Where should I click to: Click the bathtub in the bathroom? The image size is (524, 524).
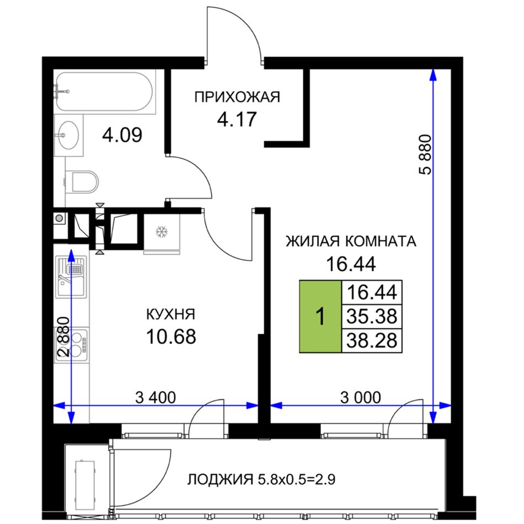pyautogui.click(x=105, y=92)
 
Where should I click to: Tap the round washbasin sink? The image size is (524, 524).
pyautogui.click(x=68, y=135)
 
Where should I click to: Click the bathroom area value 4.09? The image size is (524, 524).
pyautogui.click(x=122, y=135)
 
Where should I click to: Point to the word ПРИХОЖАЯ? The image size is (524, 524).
pyautogui.click(x=237, y=97)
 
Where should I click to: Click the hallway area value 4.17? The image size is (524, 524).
pyautogui.click(x=237, y=119)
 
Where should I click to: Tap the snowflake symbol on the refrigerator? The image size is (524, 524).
pyautogui.click(x=162, y=232)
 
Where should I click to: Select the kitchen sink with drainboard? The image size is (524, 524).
pyautogui.click(x=71, y=277)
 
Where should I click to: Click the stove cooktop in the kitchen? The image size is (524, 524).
pyautogui.click(x=71, y=345)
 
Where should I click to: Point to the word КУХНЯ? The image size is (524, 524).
pyautogui.click(x=171, y=314)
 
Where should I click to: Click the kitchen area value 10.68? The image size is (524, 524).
pyautogui.click(x=171, y=336)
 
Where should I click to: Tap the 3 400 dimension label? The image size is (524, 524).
pyautogui.click(x=156, y=398)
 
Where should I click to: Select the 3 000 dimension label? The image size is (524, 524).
pyautogui.click(x=361, y=398)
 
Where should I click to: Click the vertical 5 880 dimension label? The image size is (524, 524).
pyautogui.click(x=425, y=155)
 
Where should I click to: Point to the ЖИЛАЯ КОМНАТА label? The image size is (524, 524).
pyautogui.click(x=351, y=241)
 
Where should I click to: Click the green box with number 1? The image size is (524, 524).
pyautogui.click(x=320, y=316)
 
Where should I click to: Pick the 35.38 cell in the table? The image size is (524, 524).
pyautogui.click(x=372, y=316)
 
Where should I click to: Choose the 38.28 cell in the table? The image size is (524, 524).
pyautogui.click(x=372, y=340)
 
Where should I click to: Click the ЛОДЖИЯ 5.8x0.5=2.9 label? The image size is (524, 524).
pyautogui.click(x=261, y=479)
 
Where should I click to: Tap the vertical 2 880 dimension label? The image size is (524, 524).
pyautogui.click(x=63, y=337)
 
